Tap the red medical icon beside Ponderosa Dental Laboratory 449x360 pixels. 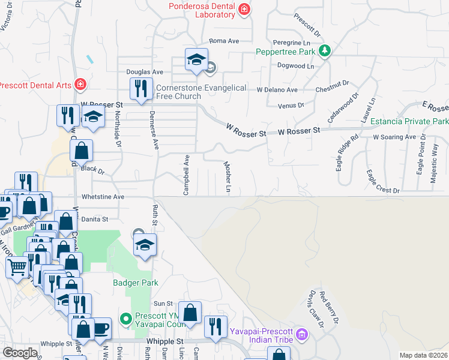[244, 8]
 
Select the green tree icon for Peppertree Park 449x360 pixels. [325, 50]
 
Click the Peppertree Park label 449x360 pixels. [286, 52]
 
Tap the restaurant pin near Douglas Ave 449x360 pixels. [140, 88]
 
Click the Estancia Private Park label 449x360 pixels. [409, 122]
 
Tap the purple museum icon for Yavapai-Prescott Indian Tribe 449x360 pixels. [303, 333]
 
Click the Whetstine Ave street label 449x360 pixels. [103, 196]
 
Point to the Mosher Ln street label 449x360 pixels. [228, 176]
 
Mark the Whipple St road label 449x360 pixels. [164, 341]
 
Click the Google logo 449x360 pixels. [20, 353]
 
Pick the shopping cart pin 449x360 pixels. [17, 266]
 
